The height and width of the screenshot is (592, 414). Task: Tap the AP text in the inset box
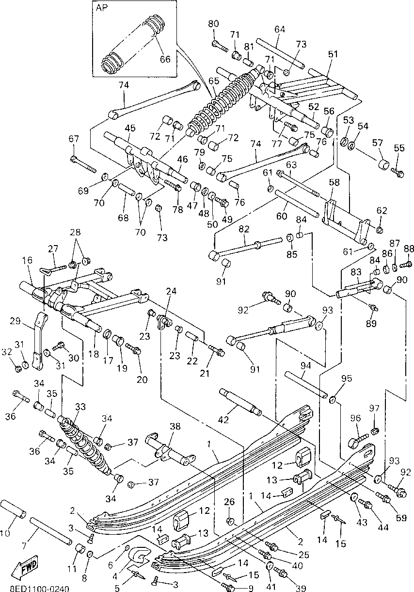click(x=102, y=8)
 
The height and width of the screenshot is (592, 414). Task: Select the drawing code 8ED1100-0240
click(x=40, y=588)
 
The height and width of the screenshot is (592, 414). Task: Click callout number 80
click(x=213, y=24)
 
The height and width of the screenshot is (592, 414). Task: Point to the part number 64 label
click(x=280, y=29)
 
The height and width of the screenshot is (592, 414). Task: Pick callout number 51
click(x=333, y=54)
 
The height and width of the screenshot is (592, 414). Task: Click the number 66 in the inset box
click(x=165, y=59)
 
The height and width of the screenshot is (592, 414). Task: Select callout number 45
click(x=130, y=128)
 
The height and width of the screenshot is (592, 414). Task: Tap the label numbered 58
click(x=334, y=182)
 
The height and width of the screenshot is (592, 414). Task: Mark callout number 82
click(x=244, y=229)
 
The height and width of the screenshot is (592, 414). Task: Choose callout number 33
click(x=80, y=407)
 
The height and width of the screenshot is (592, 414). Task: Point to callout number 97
click(x=374, y=409)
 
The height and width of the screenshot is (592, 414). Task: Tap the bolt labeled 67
click(x=83, y=164)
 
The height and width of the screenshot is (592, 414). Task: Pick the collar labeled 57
click(x=383, y=164)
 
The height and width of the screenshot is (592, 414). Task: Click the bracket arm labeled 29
click(x=39, y=340)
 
